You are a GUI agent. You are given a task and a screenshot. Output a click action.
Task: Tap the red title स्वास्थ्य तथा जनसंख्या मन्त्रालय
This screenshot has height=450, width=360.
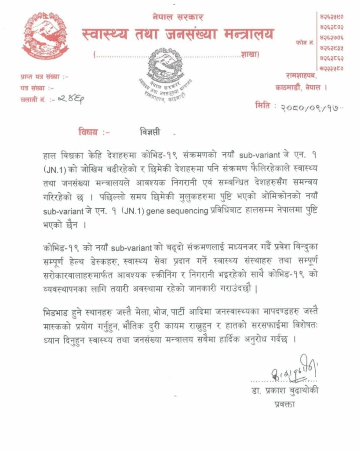[x=178, y=34]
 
